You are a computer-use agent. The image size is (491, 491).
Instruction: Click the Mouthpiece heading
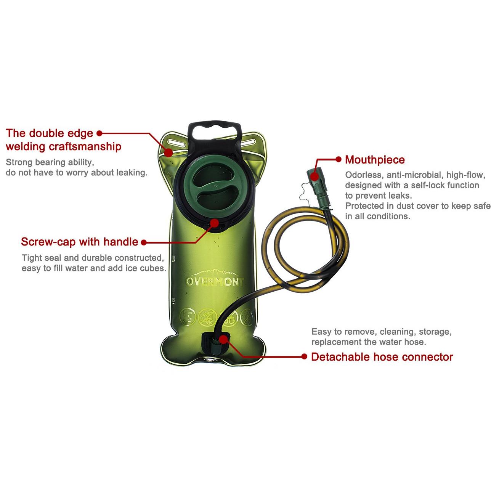coord(375,160)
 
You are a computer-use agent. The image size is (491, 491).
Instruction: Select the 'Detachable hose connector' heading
coord(382,357)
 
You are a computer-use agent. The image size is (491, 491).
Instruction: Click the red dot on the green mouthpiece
coord(315,177)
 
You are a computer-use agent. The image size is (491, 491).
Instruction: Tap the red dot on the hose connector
coord(223,339)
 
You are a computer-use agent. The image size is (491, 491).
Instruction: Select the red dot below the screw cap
coord(215,223)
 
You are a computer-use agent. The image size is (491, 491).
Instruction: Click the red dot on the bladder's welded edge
coord(168,152)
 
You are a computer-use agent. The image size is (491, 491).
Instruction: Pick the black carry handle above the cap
coord(214,135)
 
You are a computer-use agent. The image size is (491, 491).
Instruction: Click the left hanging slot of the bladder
coord(176,143)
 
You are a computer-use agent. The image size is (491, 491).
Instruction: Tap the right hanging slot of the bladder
coord(249,143)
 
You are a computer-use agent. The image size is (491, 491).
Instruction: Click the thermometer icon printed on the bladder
coord(187,318)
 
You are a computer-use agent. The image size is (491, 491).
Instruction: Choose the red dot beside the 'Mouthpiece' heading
coord(339,159)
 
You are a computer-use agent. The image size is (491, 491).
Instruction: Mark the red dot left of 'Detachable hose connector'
coord(304,356)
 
